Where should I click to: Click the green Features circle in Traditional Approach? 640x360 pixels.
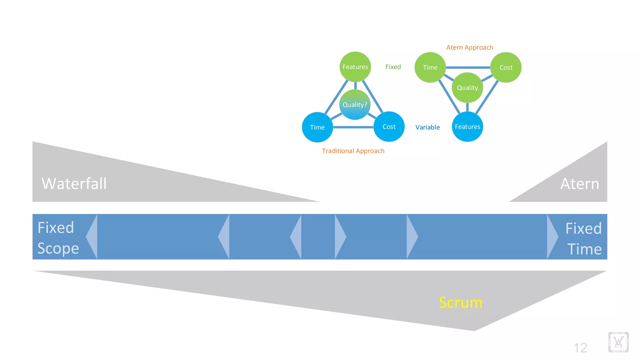click(x=355, y=67)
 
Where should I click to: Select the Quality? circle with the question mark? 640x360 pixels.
click(x=355, y=105)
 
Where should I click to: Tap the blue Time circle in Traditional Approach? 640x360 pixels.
click(x=317, y=127)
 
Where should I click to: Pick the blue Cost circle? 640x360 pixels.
click(x=389, y=127)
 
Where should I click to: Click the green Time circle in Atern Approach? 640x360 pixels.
click(x=430, y=67)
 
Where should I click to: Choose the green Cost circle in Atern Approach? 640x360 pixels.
click(x=506, y=67)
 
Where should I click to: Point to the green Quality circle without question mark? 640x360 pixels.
click(x=467, y=88)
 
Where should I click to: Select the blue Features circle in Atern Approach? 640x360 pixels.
click(x=467, y=127)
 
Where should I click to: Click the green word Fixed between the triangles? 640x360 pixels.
click(x=393, y=67)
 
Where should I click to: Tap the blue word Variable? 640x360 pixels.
click(x=427, y=127)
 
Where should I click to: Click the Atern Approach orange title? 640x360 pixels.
click(x=469, y=47)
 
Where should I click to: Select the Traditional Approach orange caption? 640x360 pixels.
click(x=353, y=151)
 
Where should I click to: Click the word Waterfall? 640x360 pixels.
click(x=74, y=183)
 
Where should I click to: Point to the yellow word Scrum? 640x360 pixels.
click(x=461, y=302)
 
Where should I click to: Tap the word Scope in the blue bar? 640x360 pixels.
click(x=58, y=248)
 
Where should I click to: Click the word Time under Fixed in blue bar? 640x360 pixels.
click(x=584, y=249)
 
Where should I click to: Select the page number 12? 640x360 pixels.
click(x=580, y=348)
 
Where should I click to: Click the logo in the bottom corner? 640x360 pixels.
click(x=618, y=342)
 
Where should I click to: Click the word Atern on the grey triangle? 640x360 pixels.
click(x=580, y=183)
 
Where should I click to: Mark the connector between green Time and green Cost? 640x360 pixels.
click(x=468, y=67)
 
